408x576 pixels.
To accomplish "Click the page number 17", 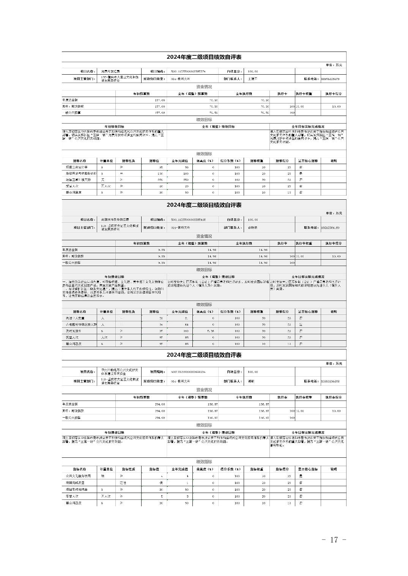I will pyautogui.click(x=334, y=540).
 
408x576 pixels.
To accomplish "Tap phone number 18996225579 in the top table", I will pyautogui.click(x=330, y=79).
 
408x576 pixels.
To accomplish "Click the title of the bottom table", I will pyautogui.click(x=204, y=355).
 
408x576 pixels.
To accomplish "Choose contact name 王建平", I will pyautogui.click(x=252, y=79).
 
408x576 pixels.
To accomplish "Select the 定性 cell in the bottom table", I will pyautogui.click(x=123, y=483).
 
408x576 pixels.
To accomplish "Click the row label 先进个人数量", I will pyautogui.click(x=75, y=318).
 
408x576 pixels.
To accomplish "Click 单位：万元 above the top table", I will pyautogui.click(x=334, y=65).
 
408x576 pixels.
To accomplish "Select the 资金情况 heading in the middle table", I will pyautogui.click(x=204, y=236).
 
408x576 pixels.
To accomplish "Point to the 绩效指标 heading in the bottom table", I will pyautogui.click(x=204, y=462).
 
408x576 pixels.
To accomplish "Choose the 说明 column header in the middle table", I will pyautogui.click(x=333, y=311).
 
